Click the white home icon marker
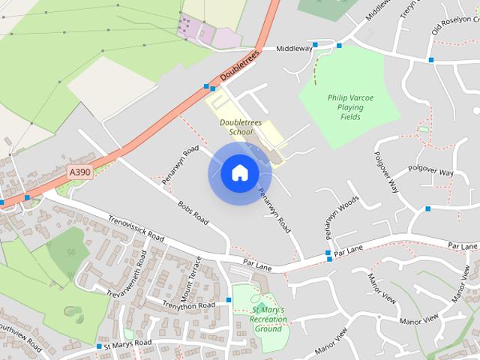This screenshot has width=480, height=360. [239, 173]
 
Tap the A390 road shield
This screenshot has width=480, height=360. [79, 172]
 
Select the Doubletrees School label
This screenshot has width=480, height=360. [236, 127]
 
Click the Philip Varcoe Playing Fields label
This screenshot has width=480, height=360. [345, 107]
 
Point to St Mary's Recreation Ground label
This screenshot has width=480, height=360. [268, 319]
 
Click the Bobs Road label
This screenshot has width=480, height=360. [193, 212]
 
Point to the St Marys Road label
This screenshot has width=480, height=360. [127, 343]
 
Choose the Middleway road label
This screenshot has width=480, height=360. [294, 48]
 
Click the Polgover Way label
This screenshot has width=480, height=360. [431, 172]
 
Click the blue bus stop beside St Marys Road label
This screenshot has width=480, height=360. [99, 346]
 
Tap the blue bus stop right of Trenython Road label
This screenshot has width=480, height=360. [229, 300]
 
